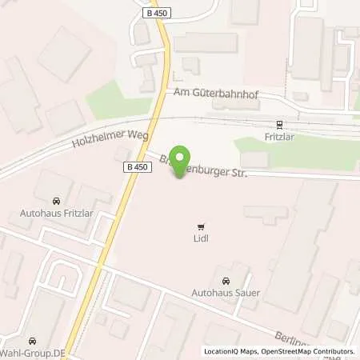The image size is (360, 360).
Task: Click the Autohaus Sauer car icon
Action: click(x=226, y=282)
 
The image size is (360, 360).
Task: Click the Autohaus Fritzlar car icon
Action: click(x=55, y=201)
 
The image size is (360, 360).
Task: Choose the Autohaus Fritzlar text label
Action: click(x=55, y=214)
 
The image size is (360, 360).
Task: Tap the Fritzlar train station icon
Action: click(x=279, y=124)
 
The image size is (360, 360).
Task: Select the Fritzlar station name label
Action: click(x=279, y=137)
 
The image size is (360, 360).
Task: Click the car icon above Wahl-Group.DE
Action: click(x=33, y=339)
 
